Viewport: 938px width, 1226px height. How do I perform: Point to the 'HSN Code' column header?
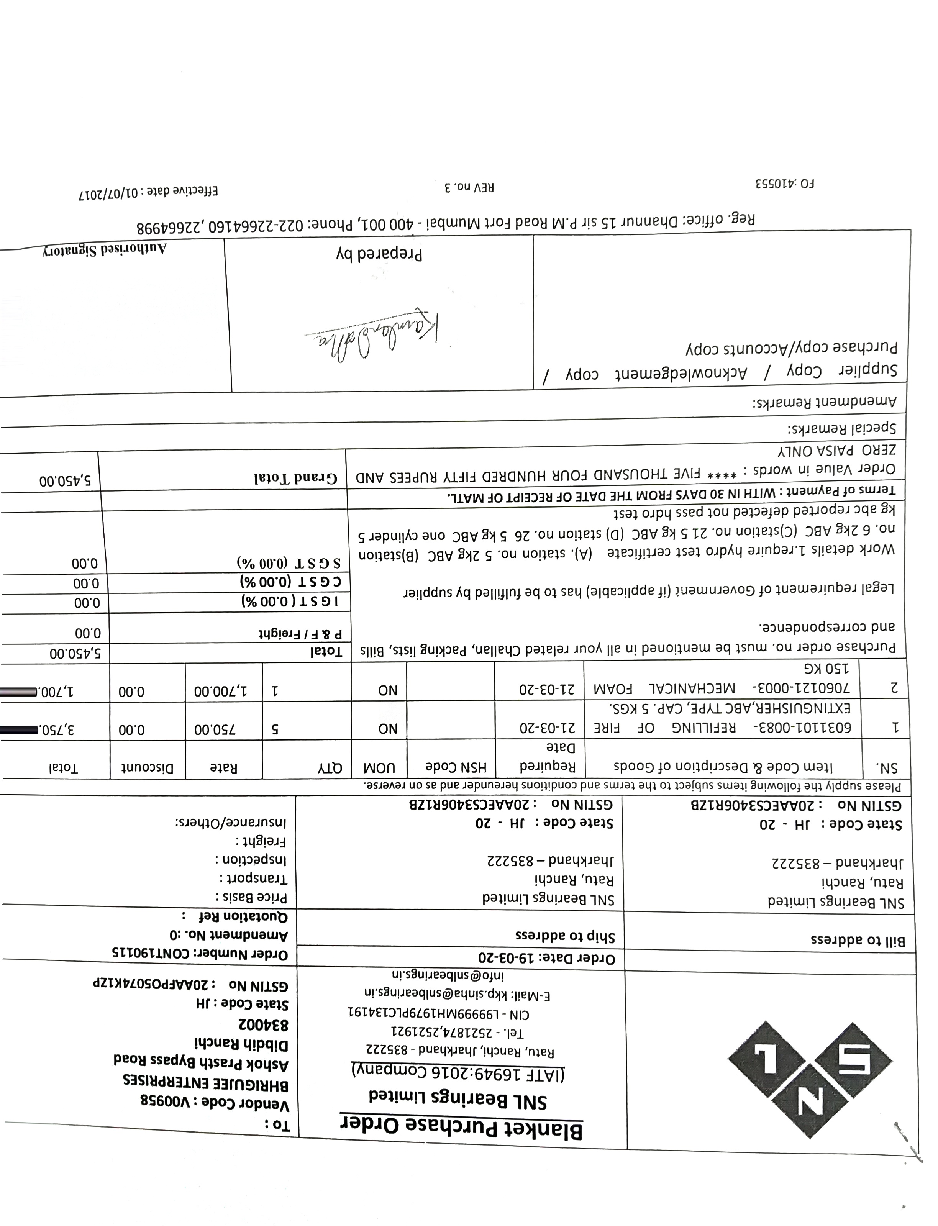(x=455, y=767)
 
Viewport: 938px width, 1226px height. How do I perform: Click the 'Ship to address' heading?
(x=564, y=935)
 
